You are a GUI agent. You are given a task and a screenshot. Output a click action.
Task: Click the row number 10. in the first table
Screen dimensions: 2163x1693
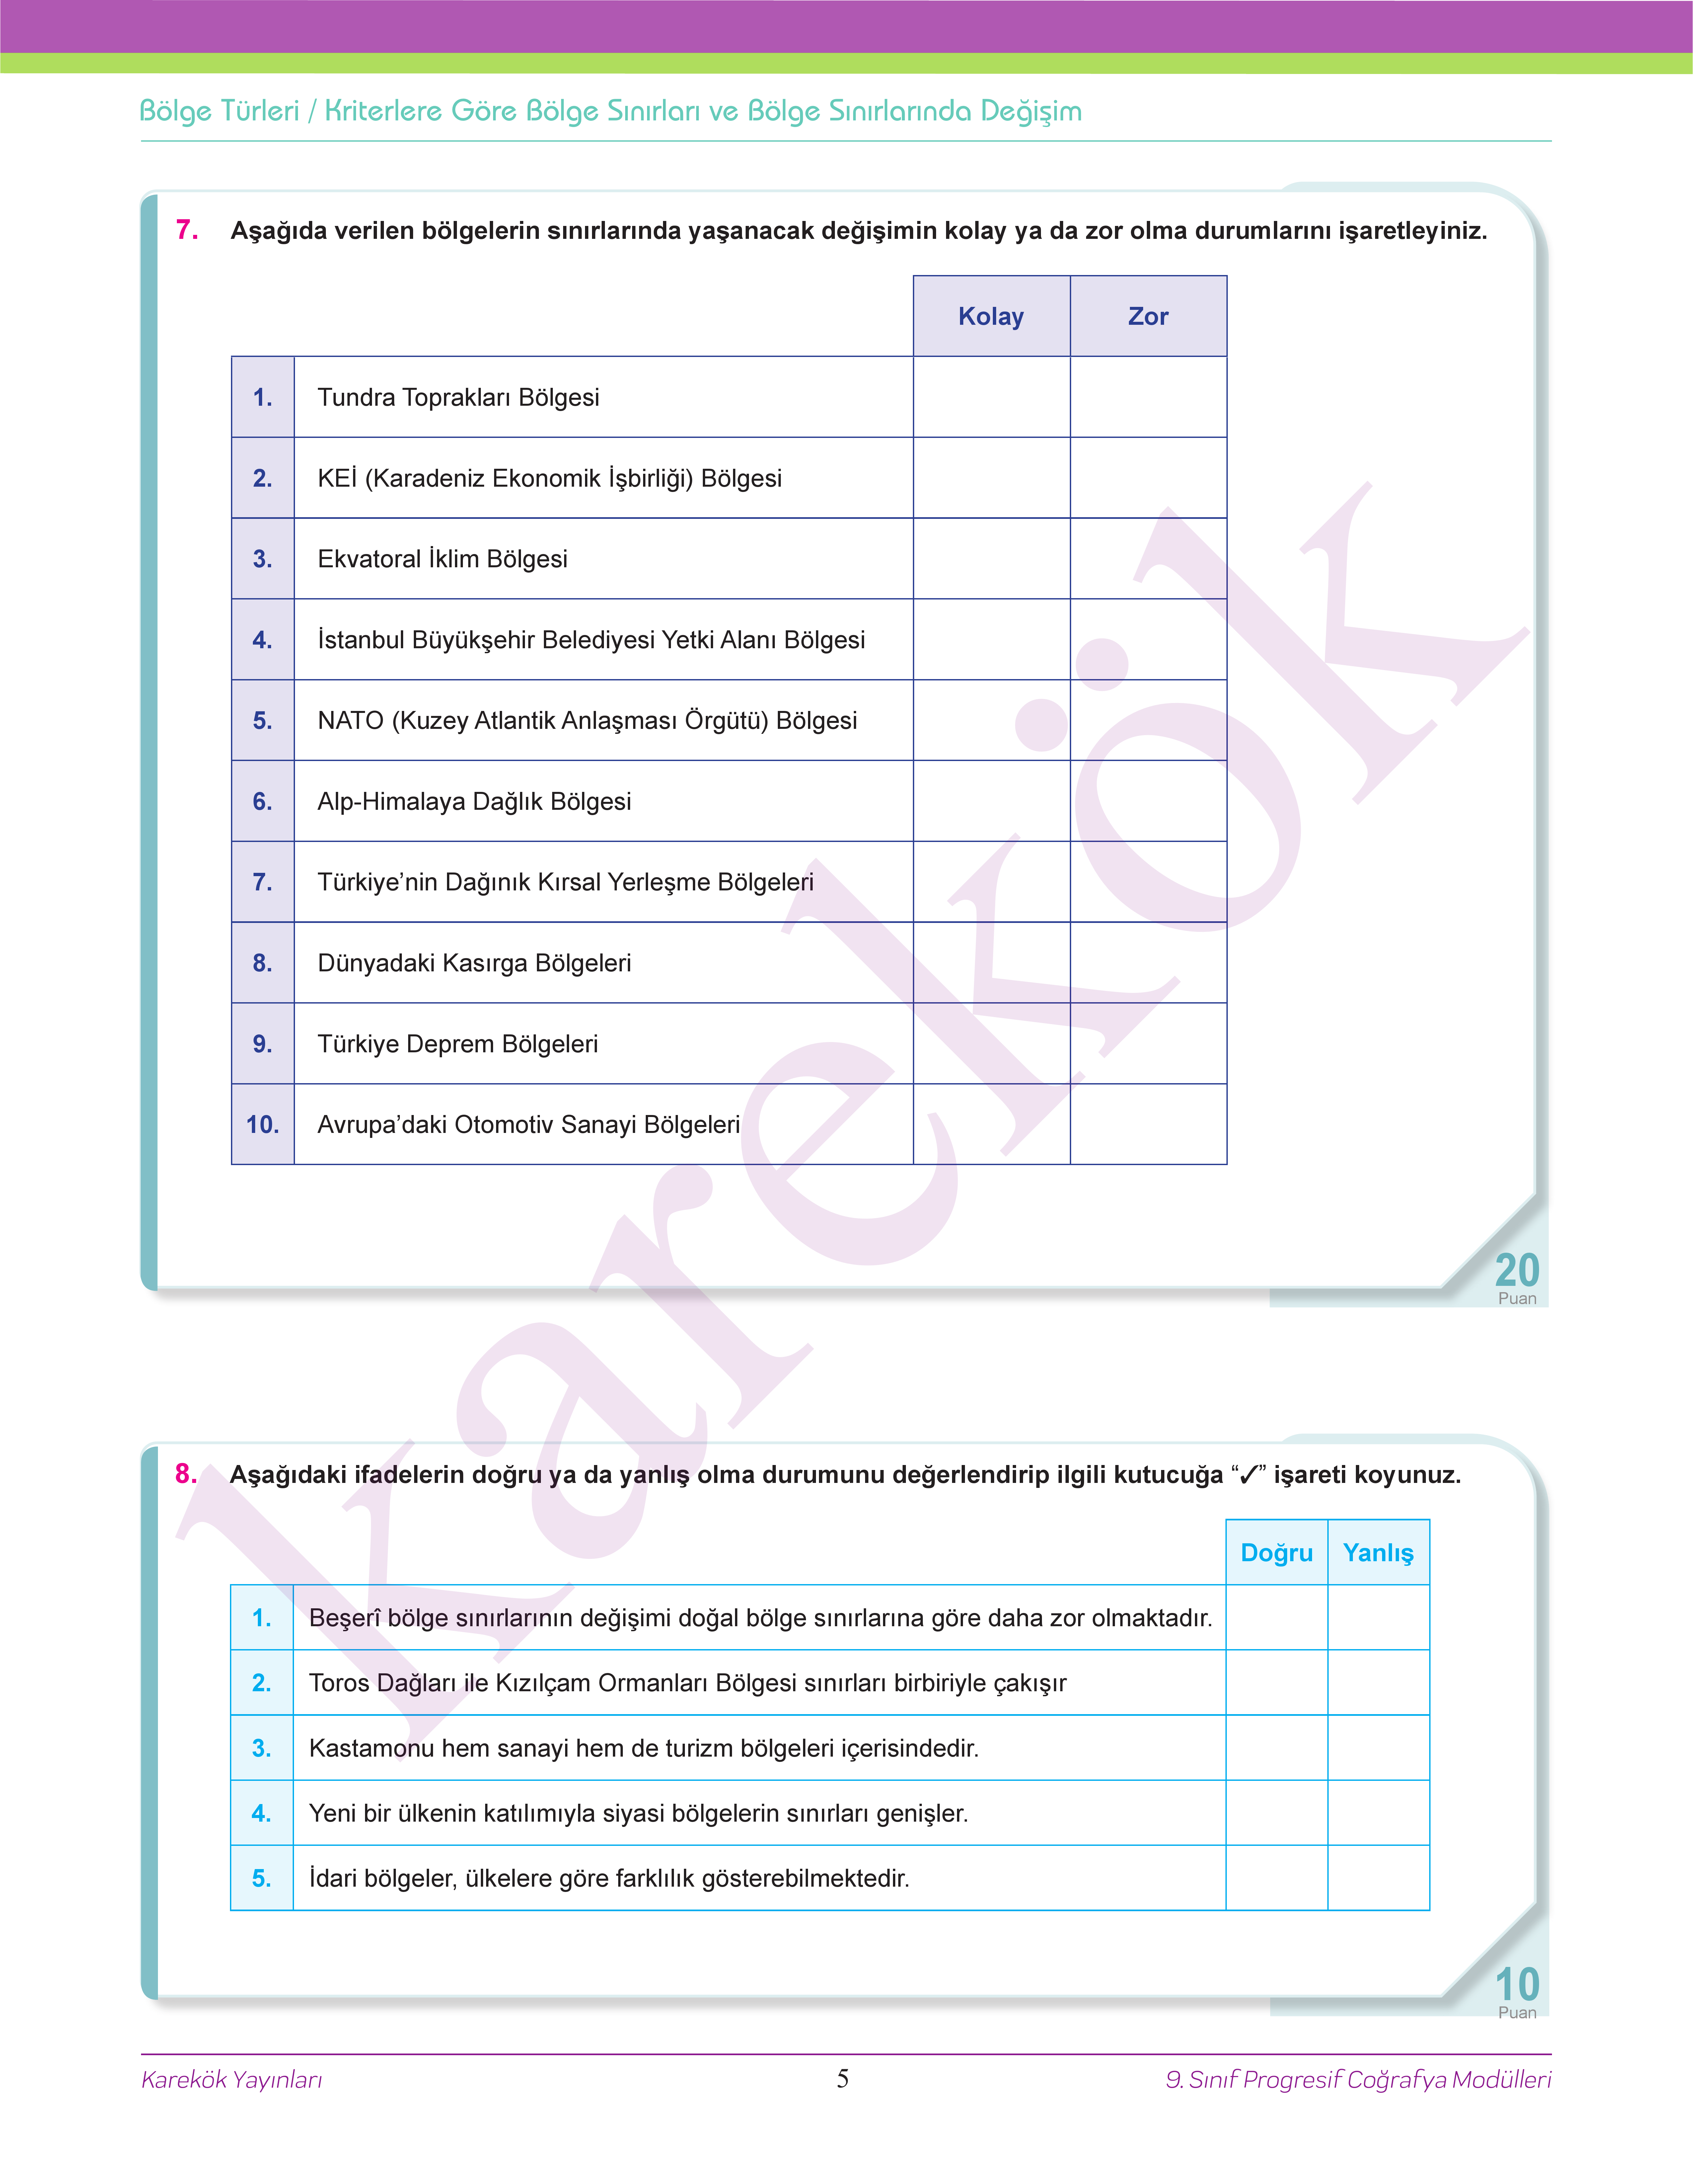[263, 1125]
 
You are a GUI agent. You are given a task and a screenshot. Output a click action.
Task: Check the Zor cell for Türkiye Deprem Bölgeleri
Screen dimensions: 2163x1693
[1148, 1043]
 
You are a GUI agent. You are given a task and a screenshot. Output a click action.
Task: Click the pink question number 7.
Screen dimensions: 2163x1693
[186, 230]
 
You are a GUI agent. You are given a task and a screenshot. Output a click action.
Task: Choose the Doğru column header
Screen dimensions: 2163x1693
[1277, 1553]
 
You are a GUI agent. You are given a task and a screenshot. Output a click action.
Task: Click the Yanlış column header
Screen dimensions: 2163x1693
[1378, 1553]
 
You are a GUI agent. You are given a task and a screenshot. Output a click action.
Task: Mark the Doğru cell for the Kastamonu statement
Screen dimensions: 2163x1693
[1277, 1748]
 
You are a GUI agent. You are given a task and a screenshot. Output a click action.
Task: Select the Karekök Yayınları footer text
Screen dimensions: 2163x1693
[232, 2080]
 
